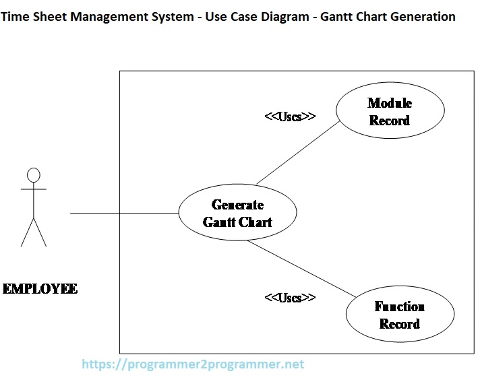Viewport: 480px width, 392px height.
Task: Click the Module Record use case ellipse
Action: [390, 112]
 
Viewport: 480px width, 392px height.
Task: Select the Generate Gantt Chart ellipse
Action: [237, 213]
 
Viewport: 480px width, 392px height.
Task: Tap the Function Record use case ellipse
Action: [400, 315]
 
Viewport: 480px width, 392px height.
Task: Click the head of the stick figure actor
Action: [34, 175]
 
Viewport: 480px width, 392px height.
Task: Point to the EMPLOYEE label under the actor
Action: [40, 289]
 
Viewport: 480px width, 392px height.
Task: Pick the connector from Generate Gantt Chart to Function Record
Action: [301, 268]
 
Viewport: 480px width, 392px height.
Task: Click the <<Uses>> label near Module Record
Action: [290, 117]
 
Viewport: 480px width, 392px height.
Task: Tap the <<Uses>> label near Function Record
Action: [290, 297]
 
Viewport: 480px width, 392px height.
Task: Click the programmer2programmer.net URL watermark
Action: [193, 364]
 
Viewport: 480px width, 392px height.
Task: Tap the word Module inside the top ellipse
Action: [390, 103]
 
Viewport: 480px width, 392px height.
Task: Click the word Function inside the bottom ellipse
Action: [400, 307]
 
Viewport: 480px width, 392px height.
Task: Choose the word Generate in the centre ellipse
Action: [237, 205]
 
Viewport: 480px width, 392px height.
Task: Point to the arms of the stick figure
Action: [34, 190]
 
